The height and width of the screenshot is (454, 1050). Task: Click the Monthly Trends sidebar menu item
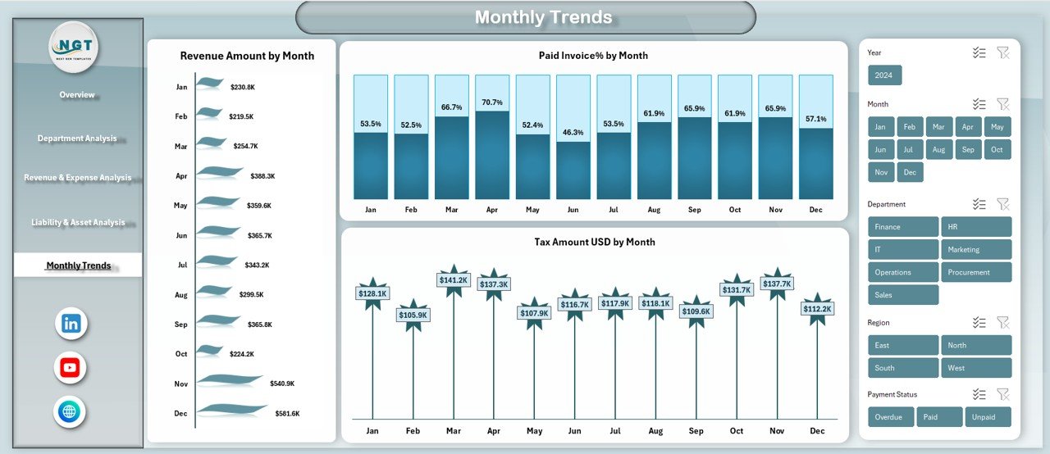(78, 266)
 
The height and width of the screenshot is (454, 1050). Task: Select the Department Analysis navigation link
(77, 138)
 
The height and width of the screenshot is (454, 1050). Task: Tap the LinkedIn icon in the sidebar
(71, 324)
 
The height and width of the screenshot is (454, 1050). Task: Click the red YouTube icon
(70, 368)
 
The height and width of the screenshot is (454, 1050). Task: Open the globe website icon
(70, 411)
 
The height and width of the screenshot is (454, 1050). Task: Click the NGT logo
(74, 47)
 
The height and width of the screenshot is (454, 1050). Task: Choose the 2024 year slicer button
(884, 75)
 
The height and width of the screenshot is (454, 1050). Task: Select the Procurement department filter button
(976, 272)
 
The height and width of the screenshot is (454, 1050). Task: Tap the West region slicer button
(976, 368)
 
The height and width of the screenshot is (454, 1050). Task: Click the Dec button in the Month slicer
(910, 172)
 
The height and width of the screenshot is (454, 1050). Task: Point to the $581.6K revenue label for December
(287, 414)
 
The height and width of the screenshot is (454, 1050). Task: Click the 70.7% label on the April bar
(492, 102)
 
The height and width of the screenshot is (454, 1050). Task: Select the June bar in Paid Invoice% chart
(573, 137)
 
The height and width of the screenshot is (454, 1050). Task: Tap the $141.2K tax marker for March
(454, 279)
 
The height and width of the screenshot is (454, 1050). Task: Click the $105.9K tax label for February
(413, 316)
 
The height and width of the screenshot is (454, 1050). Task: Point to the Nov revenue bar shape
(230, 380)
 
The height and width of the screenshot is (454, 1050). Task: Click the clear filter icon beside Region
(1002, 323)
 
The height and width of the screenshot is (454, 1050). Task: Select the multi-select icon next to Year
(979, 52)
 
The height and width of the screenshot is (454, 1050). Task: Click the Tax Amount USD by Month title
(594, 242)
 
